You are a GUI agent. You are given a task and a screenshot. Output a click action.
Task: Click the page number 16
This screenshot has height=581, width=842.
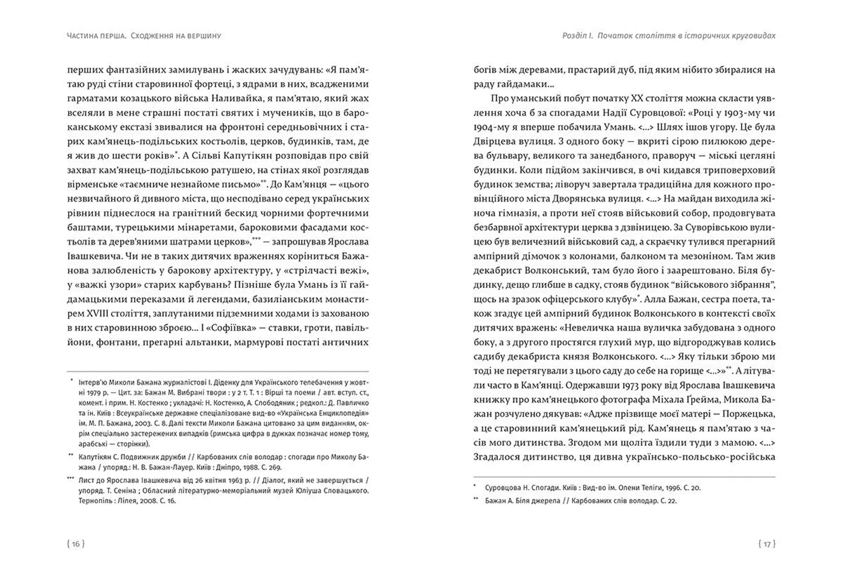76,544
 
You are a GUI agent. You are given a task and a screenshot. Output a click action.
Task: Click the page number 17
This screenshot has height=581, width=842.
767,544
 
